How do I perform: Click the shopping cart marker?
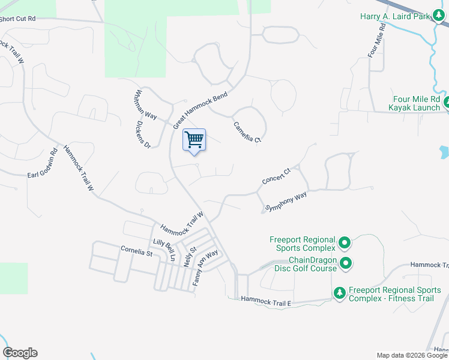(194, 141)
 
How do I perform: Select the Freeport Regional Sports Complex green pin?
(345, 243)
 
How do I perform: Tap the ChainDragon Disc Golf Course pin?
(346, 263)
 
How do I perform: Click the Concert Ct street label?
(276, 176)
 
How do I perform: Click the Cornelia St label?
(137, 251)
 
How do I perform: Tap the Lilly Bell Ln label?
(164, 250)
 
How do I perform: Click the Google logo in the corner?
(20, 353)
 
